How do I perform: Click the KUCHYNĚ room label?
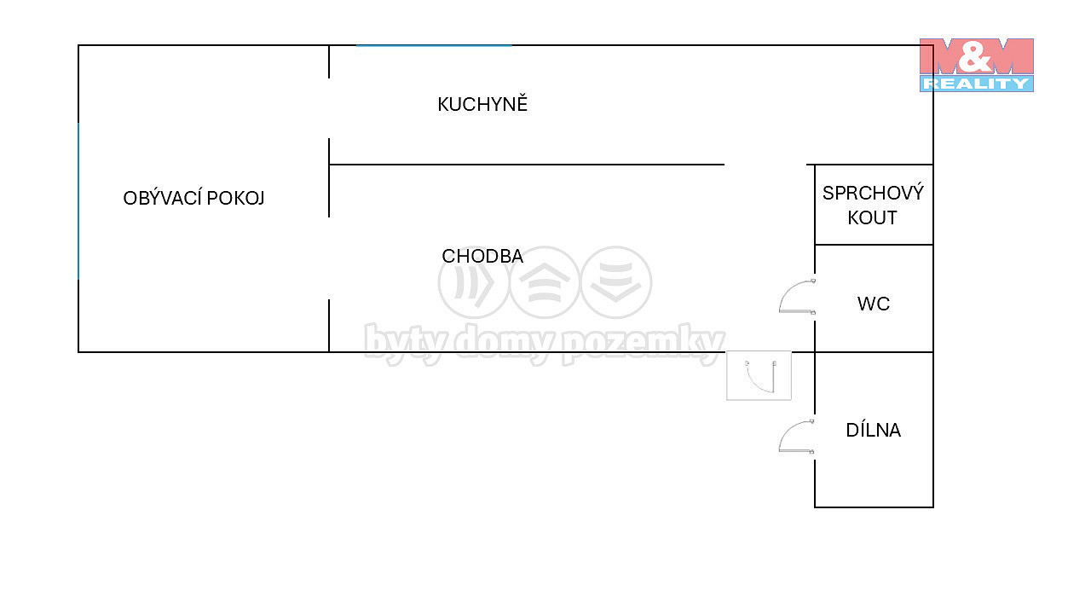482,104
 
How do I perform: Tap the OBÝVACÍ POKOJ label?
193,199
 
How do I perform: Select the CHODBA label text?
482,257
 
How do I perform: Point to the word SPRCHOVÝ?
873,193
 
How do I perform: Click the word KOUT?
872,217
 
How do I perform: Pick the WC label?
874,304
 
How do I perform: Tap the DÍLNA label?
874,431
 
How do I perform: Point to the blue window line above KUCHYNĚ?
434,45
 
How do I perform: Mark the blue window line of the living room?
78,201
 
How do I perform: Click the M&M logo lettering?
976,55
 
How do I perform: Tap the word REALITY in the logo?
976,84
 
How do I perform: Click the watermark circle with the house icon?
545,282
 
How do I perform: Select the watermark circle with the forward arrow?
473,282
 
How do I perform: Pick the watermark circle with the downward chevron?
616,282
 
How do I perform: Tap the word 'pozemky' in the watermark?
643,344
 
